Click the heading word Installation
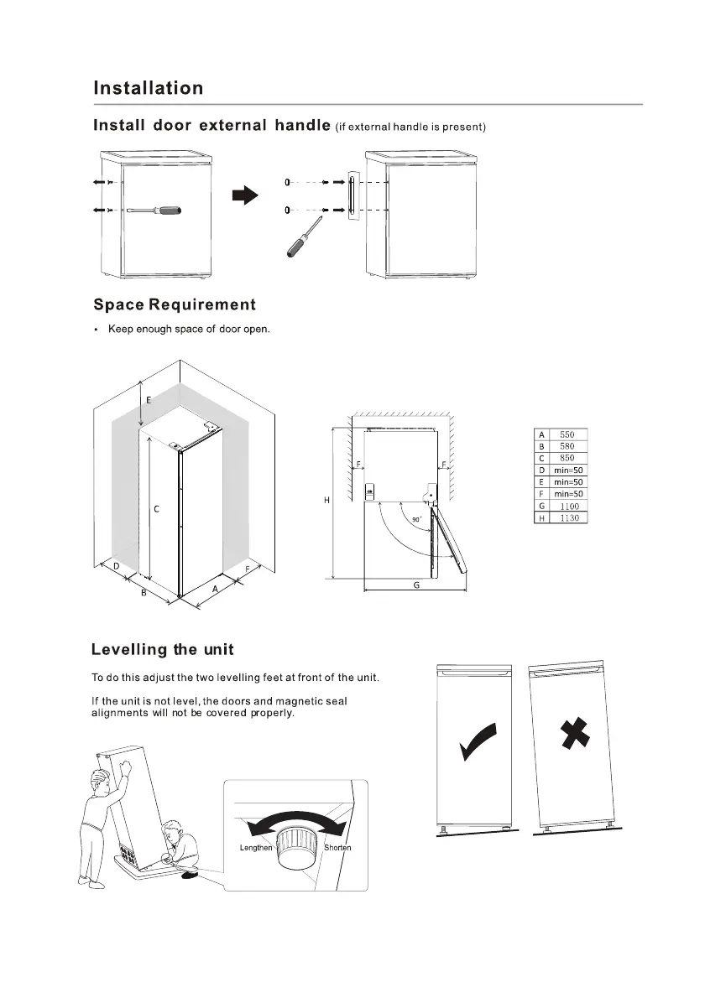click(148, 88)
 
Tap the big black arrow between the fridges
click(243, 195)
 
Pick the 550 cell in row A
click(568, 434)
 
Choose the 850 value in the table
click(568, 458)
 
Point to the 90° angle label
click(417, 520)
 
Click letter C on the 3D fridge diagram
click(157, 509)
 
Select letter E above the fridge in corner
click(149, 400)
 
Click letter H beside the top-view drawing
click(326, 501)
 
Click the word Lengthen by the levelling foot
click(256, 848)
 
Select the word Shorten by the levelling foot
click(337, 848)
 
